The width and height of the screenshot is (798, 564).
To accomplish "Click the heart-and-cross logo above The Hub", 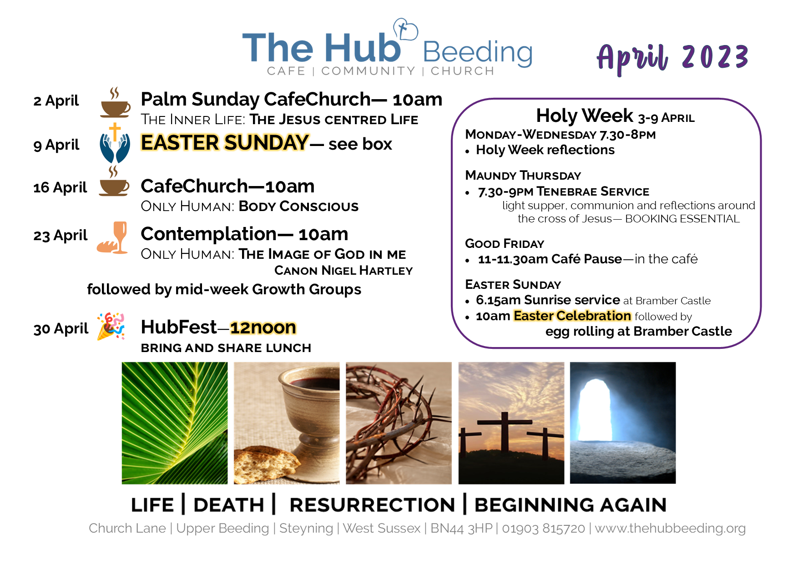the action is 405,30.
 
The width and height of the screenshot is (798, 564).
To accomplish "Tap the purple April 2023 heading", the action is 672,59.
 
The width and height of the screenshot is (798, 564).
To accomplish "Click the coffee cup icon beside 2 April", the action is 115,103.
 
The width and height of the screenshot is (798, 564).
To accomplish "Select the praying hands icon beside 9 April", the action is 115,143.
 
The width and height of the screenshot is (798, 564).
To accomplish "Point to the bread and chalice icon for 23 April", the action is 113,237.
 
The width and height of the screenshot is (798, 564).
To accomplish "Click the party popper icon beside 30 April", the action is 111,326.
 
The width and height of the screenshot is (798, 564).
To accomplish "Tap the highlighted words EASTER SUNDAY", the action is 225,143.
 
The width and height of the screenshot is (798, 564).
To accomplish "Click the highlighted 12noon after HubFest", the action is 263,327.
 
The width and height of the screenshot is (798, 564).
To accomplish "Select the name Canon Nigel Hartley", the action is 343,271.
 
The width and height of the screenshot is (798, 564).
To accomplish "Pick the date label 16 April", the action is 60,187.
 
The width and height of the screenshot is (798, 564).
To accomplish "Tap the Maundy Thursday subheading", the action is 523,176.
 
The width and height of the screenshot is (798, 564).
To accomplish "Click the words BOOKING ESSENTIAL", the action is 682,219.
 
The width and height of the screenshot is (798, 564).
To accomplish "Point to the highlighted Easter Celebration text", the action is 572,316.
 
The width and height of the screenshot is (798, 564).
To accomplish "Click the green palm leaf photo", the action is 175,423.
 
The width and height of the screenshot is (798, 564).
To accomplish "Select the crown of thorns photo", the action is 399,423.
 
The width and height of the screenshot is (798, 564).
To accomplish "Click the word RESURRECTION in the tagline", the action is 372,505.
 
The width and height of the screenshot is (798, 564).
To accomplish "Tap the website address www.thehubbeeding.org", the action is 670,529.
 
